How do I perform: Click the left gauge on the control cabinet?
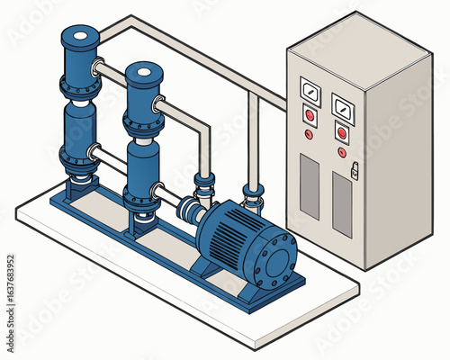310,92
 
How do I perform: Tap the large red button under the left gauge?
310,116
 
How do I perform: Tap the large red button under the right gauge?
342,131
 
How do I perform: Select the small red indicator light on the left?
309,134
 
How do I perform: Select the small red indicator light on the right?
342,151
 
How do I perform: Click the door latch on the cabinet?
355,168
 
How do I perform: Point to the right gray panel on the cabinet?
342,204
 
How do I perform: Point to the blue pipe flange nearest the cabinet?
253,191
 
